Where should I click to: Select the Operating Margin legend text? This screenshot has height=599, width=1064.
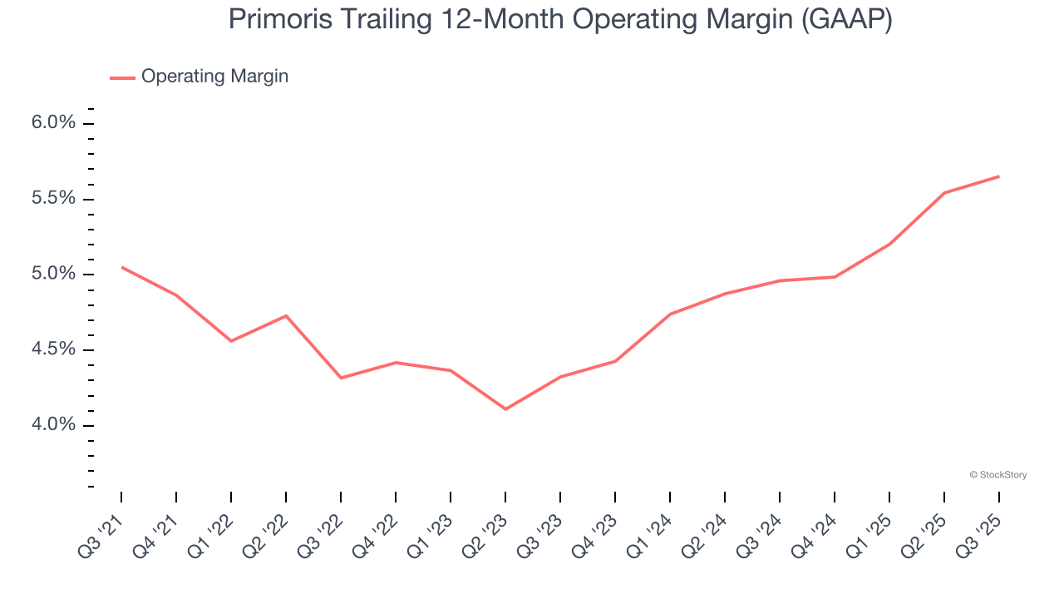214,77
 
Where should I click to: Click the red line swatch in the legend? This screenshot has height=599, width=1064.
122,77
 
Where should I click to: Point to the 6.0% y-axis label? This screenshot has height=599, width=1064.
53,123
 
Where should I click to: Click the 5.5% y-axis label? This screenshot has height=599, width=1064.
53,199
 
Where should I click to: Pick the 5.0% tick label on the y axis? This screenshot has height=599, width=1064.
53,275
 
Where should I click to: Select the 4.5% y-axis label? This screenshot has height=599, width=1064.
53,349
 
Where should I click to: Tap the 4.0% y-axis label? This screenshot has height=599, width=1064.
53,425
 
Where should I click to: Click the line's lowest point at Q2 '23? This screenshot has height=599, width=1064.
505,409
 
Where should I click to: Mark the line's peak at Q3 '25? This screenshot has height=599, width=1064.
998,176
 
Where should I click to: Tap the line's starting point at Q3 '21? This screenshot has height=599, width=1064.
122,267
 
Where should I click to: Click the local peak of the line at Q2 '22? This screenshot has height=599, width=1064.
286,315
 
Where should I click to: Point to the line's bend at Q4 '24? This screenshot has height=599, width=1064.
835,277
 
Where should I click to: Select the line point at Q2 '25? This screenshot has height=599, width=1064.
944,193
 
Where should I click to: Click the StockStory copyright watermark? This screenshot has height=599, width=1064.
997,475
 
